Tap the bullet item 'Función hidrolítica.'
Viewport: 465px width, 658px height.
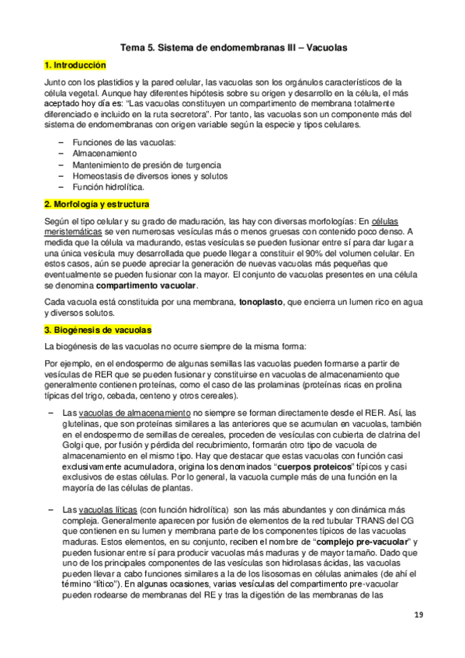(108, 187)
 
